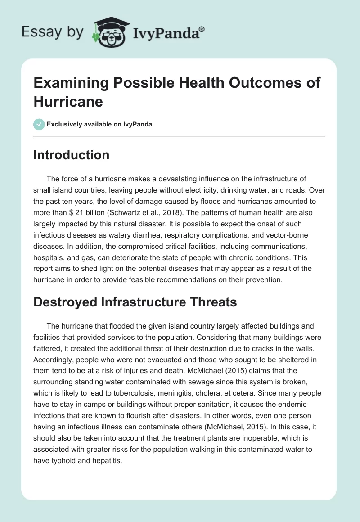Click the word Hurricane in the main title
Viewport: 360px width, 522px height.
pyautogui.click(x=68, y=101)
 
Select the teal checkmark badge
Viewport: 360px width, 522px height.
pyautogui.click(x=39, y=124)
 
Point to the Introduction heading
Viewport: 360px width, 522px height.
pyautogui.click(x=72, y=155)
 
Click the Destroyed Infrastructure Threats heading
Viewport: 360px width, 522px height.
pyautogui.click(x=135, y=302)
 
